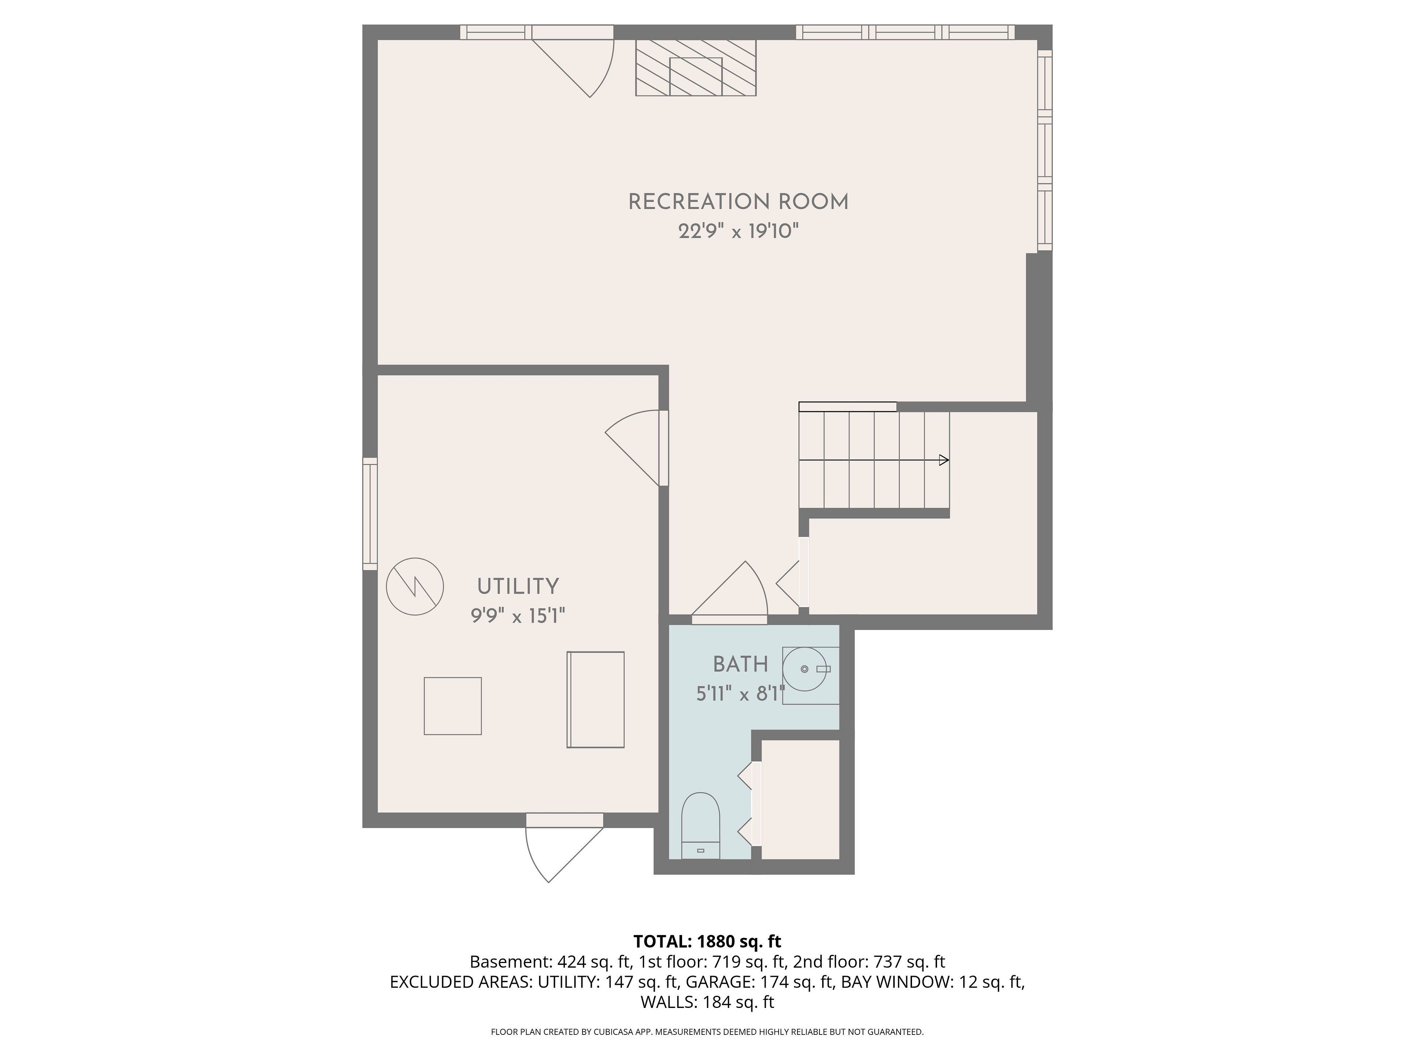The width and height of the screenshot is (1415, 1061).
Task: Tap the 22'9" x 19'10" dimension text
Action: coord(739,231)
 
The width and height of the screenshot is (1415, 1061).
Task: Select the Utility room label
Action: coord(518,586)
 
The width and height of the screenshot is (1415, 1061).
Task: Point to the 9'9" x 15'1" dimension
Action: coord(518,616)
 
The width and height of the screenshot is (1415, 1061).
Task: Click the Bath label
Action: coord(741,665)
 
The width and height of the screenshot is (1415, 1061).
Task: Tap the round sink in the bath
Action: coord(805,669)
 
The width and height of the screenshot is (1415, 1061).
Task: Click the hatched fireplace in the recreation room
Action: coord(696,68)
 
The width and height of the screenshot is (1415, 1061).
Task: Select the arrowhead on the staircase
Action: coord(944,460)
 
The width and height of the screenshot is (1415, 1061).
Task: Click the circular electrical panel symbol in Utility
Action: coord(415,586)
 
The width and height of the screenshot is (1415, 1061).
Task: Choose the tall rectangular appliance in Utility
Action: coord(595,700)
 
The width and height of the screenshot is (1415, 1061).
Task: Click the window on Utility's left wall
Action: coord(370,514)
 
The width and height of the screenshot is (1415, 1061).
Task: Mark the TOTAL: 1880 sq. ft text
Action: coord(707,941)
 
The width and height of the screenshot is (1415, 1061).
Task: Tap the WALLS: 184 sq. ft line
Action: coord(707,1002)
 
